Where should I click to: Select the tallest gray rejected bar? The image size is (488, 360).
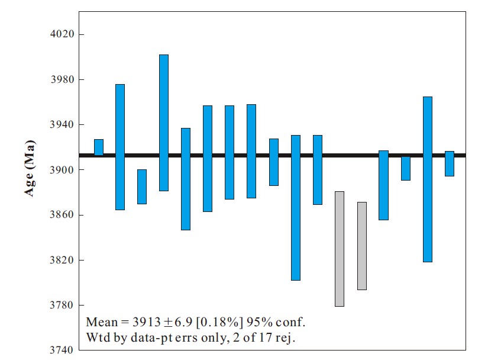pyautogui.click(x=339, y=249)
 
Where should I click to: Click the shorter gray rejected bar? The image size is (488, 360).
pyautogui.click(x=361, y=246)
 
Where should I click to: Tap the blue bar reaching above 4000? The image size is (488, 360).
pyautogui.click(x=164, y=123)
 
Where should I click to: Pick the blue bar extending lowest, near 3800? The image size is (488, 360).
pyautogui.click(x=296, y=207)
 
